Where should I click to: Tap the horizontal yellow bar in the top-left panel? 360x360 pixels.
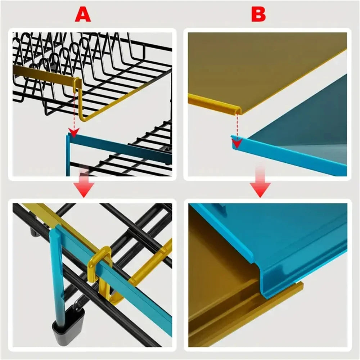[43, 73]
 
